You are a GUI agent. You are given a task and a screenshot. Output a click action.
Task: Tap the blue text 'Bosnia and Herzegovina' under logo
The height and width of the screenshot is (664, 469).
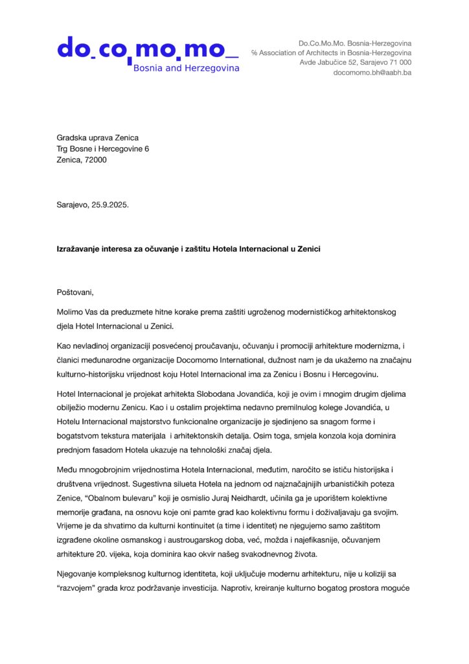click(x=186, y=67)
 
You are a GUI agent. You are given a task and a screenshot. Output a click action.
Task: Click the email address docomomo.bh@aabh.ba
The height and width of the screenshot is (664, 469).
click(x=372, y=73)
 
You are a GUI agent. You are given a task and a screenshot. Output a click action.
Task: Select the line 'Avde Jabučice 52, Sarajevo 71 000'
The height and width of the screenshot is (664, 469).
click(x=355, y=63)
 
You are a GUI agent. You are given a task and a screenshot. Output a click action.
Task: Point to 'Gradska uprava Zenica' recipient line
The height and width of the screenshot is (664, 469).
click(x=97, y=137)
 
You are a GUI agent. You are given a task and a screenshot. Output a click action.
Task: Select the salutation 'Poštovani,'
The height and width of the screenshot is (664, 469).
click(x=75, y=292)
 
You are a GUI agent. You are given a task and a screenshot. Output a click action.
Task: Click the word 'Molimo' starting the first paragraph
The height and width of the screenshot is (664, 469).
click(x=70, y=312)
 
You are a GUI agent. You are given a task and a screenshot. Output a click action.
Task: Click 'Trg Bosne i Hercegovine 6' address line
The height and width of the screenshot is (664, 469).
click(x=102, y=148)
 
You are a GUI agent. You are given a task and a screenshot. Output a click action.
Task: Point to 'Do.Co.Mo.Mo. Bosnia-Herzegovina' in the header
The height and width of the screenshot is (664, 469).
click(x=354, y=43)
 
